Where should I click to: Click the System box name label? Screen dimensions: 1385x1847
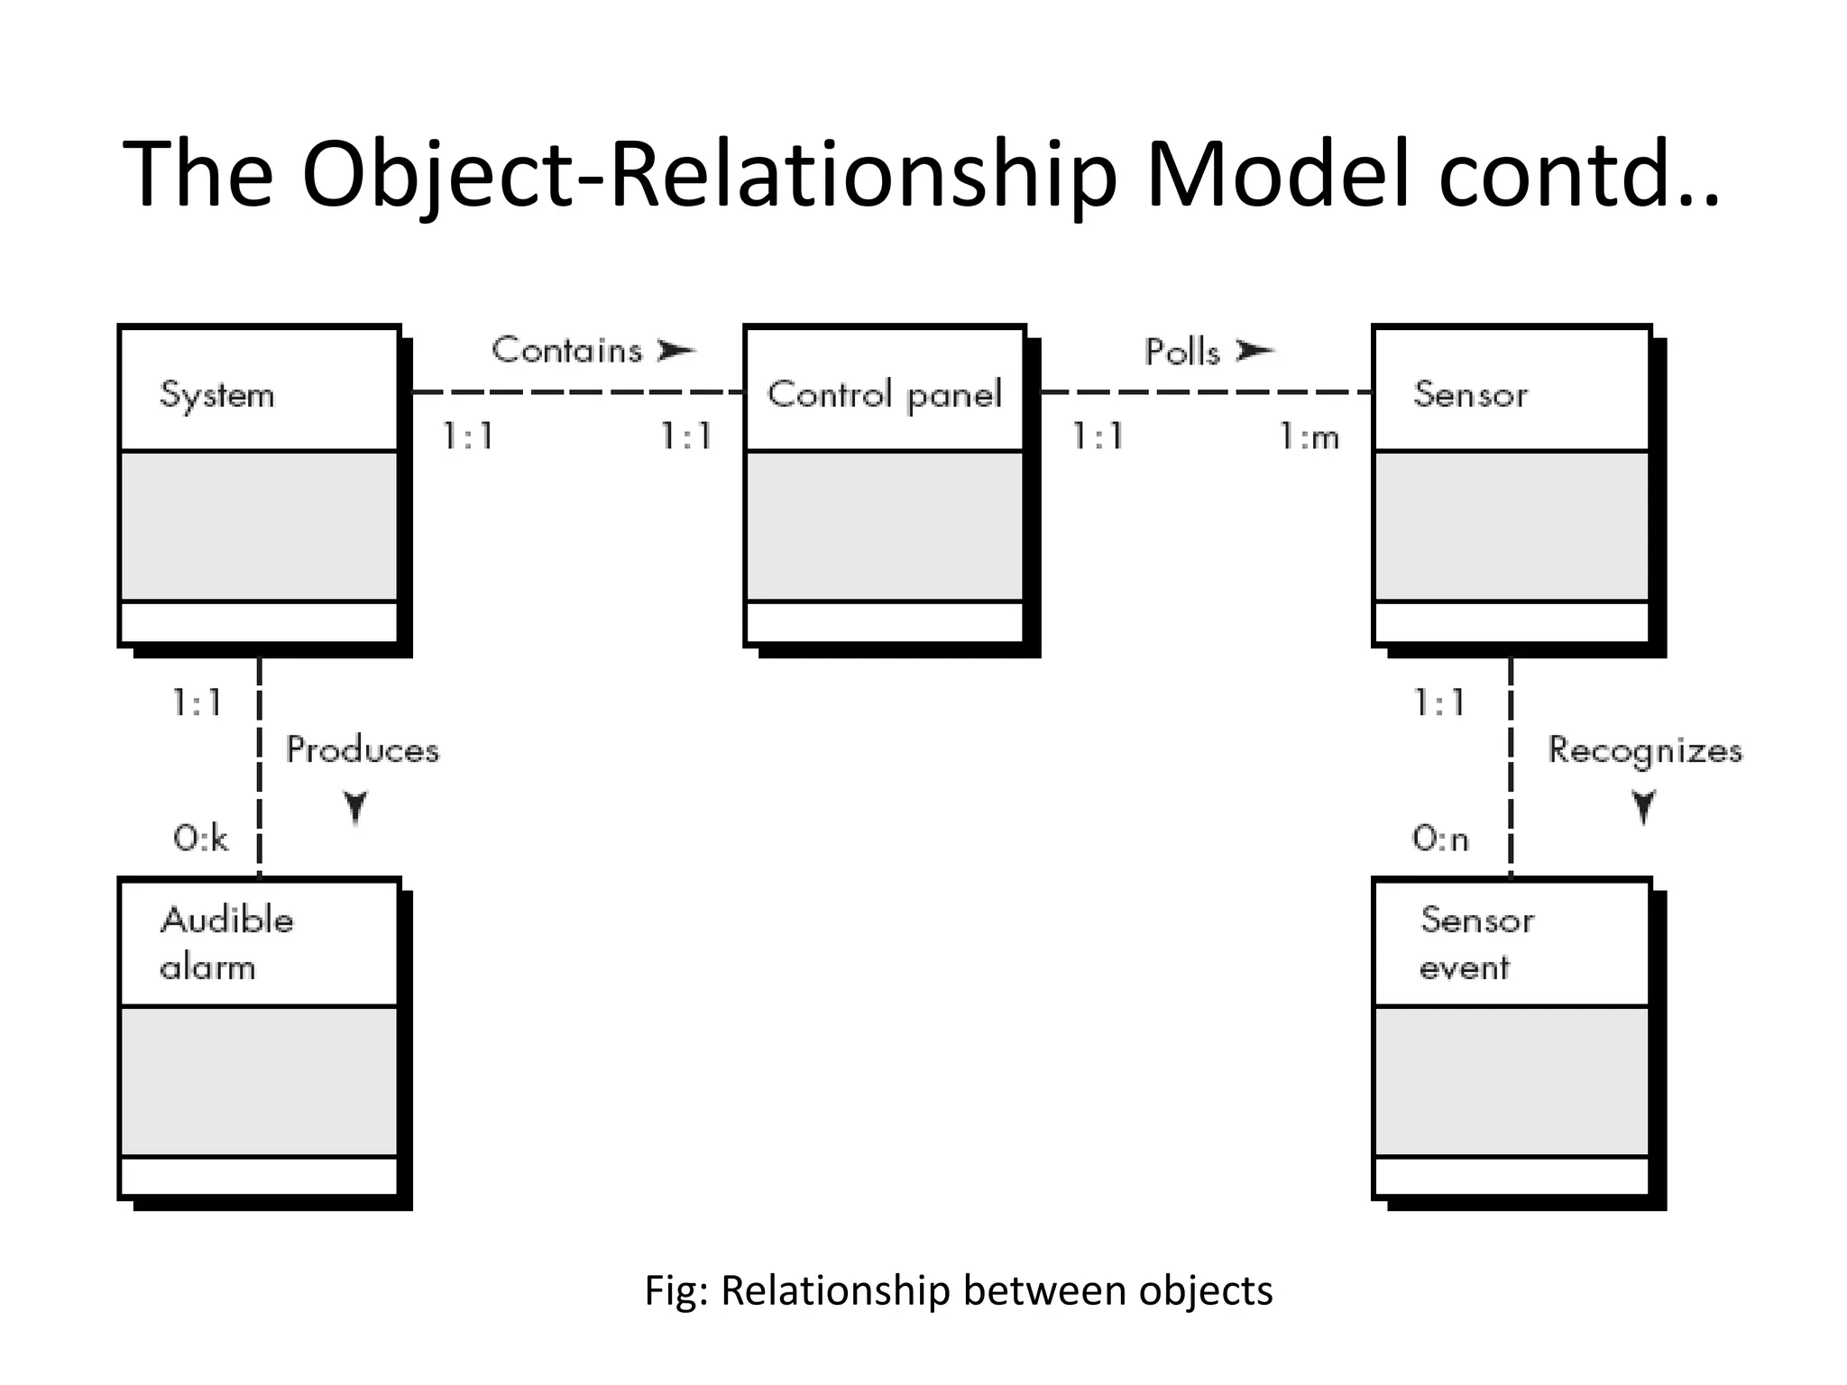(216, 396)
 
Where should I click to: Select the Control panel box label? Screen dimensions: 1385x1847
(884, 395)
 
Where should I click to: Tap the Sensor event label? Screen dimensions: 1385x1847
(1475, 943)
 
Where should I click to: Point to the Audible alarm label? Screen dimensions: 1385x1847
(225, 943)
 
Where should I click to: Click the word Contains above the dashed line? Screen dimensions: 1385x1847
(566, 350)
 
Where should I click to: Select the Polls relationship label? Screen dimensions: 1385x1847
(1181, 352)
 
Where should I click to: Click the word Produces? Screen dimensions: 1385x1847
(363, 750)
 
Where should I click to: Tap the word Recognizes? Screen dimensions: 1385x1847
(1645, 750)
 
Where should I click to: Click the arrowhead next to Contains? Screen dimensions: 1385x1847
(676, 350)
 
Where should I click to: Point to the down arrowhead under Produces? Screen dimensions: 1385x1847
(356, 807)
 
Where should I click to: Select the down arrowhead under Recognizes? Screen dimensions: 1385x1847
(1644, 807)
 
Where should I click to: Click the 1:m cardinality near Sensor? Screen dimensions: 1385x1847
(1309, 438)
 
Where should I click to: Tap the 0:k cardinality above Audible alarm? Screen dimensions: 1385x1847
(200, 839)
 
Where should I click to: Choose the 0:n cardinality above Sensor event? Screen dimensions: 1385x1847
(1440, 839)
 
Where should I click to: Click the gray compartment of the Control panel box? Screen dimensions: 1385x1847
(884, 526)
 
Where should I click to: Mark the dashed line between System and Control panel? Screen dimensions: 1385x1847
(577, 392)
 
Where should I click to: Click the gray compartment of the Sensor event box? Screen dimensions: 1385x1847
(1512, 1081)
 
